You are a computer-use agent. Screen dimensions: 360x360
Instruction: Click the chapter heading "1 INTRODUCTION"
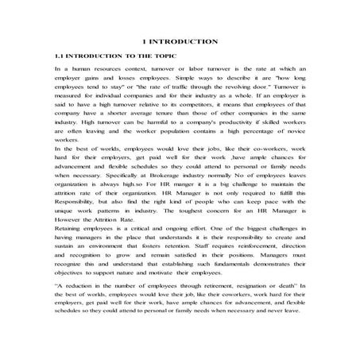pos(180,41)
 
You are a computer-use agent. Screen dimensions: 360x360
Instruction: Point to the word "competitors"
pos(185,113)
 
